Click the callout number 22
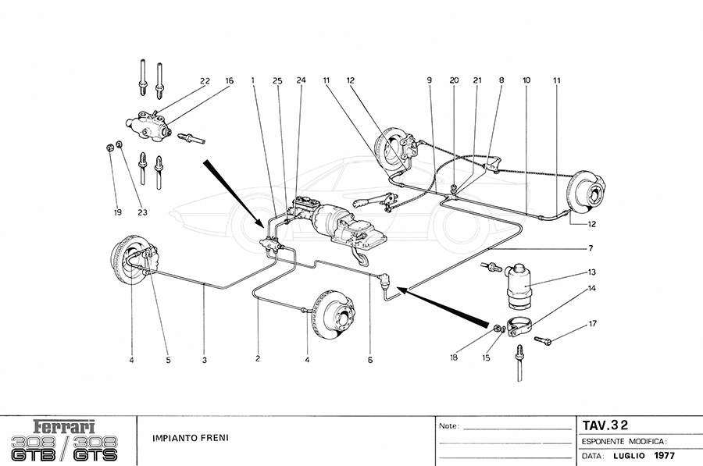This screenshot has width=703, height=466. (205, 80)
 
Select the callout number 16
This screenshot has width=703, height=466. (230, 80)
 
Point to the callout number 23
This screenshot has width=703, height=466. (143, 212)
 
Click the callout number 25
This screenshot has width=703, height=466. (277, 80)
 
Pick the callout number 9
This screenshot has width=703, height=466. (430, 80)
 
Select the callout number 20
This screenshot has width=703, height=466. (453, 80)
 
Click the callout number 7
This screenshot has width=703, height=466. (591, 248)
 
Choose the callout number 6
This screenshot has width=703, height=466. (370, 360)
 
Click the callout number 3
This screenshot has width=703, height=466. (204, 360)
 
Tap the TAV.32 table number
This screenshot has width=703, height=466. (605, 426)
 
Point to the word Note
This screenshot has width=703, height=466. (448, 427)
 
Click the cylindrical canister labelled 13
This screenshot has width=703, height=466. (519, 286)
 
